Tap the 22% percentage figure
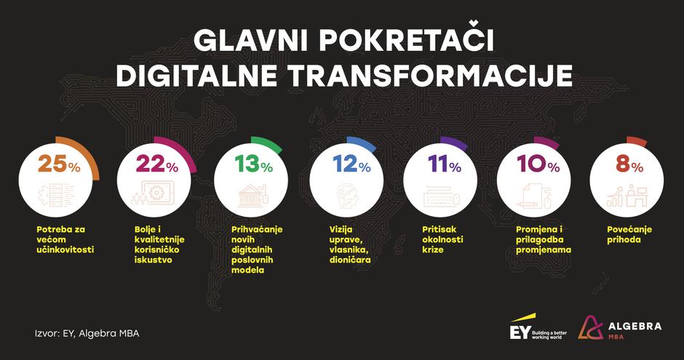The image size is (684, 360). (156, 165)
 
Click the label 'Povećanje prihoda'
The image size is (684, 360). (629, 234)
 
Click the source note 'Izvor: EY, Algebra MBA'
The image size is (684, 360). (87, 334)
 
